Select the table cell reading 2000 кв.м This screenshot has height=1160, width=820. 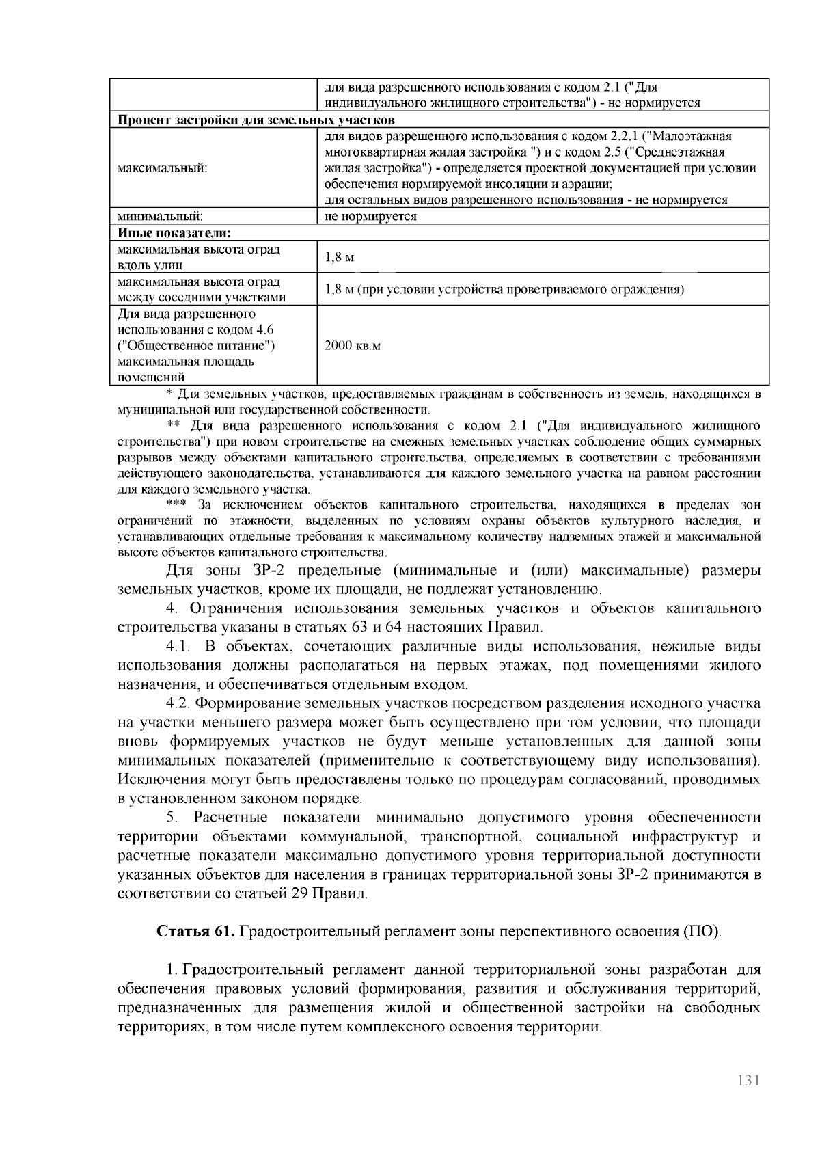[x=352, y=346]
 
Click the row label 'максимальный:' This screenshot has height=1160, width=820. [x=163, y=168]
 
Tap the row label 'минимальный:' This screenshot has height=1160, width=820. [x=160, y=216]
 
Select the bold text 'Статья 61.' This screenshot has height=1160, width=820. [x=197, y=931]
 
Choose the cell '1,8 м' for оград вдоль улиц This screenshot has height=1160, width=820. [x=339, y=258]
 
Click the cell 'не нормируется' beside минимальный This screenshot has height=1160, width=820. [x=370, y=216]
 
